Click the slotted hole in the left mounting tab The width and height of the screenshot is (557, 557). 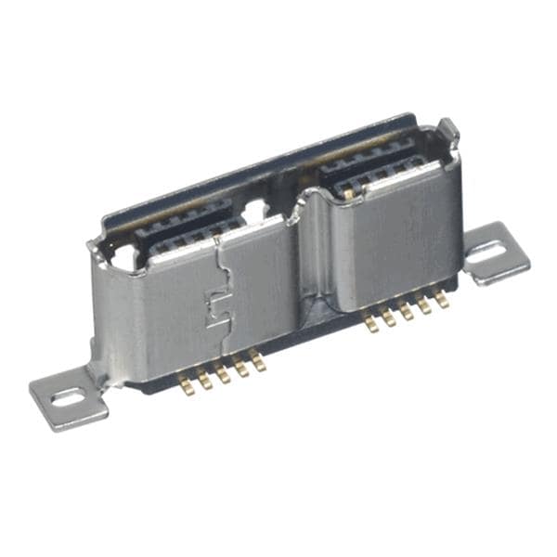pos(68,398)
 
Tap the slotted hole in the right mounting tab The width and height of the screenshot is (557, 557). pos(497,250)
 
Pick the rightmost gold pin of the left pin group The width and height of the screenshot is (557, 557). pos(259,361)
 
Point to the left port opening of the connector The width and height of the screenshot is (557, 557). pos(186,237)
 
